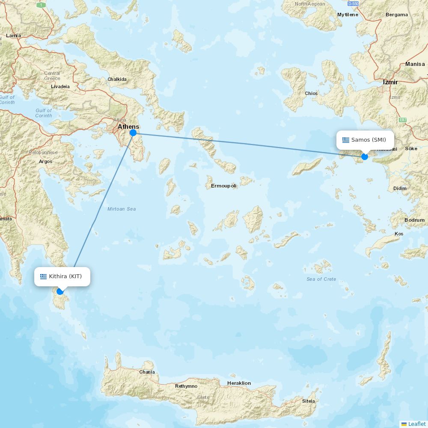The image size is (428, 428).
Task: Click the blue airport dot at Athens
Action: tap(133, 133)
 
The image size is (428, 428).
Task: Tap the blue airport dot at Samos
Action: tap(365, 157)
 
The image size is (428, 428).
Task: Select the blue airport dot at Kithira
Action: tap(60, 291)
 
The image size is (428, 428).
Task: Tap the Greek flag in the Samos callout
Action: tap(346, 140)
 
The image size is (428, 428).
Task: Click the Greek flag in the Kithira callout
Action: tap(43, 276)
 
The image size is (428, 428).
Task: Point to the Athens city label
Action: tap(128, 127)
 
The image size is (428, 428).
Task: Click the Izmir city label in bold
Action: tap(390, 82)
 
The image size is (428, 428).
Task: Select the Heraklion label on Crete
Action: tap(239, 383)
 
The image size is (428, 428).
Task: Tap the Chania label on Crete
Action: tap(147, 372)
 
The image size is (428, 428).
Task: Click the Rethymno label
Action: tap(186, 386)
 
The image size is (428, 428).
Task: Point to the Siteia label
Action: tap(308, 401)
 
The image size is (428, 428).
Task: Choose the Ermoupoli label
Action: tap(223, 186)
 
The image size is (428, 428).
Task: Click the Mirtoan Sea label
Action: tap(122, 209)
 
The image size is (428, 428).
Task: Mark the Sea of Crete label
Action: tap(321, 279)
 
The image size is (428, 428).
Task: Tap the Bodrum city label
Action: tap(414, 220)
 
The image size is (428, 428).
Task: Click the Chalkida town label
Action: tap(117, 79)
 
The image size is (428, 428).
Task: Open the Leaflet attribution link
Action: tap(416, 424)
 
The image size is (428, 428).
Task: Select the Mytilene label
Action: tap(348, 15)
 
